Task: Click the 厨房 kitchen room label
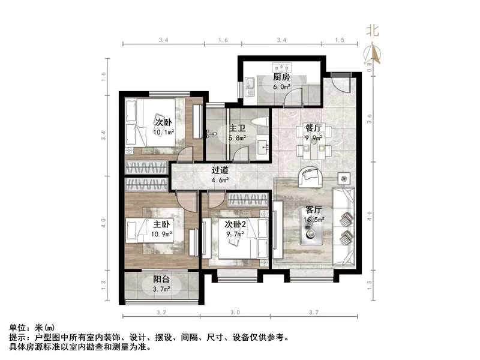281,77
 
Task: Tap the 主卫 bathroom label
236,128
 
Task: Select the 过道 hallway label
220,169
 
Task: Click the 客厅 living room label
314,210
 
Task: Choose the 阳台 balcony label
160,280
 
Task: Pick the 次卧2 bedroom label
236,224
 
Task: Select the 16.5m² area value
314,220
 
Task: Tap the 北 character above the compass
373,31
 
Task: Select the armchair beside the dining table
311,175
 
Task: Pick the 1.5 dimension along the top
339,40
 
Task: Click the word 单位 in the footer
18,328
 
